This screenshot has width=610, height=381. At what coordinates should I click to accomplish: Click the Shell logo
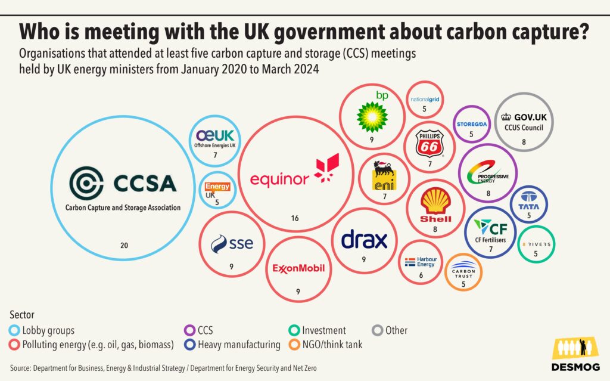click(435, 205)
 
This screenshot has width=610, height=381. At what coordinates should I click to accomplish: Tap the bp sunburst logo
click(372, 117)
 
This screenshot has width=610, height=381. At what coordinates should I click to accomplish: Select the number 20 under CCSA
click(124, 246)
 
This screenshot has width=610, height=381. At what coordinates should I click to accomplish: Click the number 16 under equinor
click(295, 218)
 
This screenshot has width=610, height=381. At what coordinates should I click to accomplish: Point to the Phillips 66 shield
click(430, 143)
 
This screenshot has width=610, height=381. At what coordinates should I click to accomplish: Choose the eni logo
click(384, 175)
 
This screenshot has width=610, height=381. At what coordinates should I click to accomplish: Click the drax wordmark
click(364, 239)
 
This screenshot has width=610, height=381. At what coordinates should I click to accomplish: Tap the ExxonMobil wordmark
click(298, 268)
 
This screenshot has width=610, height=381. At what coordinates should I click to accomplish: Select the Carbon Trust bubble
click(463, 272)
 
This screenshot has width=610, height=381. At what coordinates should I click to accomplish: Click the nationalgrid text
click(425, 100)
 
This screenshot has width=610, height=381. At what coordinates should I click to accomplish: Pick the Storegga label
click(472, 124)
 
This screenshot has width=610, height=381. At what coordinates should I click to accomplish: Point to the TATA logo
click(529, 201)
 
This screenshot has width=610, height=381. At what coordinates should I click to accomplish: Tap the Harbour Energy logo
click(421, 262)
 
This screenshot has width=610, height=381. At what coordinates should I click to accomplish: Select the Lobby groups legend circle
click(14, 330)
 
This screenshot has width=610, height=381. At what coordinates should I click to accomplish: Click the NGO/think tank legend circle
click(294, 345)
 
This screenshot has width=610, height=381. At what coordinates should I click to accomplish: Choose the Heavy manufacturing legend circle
click(189, 345)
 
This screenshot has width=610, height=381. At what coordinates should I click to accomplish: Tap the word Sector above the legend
click(22, 315)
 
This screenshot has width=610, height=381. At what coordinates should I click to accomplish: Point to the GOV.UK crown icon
click(506, 116)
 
